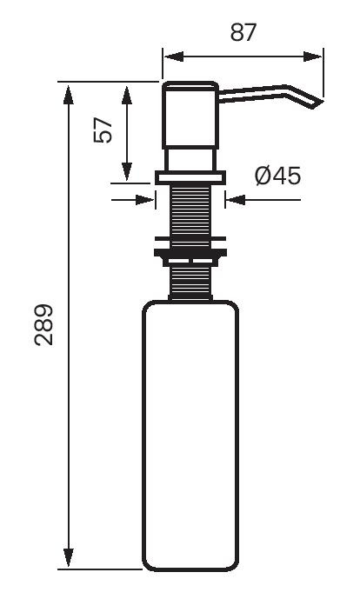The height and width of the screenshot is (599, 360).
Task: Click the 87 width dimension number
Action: click(x=242, y=33)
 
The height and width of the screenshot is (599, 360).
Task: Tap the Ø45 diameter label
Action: click(x=277, y=176)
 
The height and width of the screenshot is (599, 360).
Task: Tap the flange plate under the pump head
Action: click(x=190, y=176)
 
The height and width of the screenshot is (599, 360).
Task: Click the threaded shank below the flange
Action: click(x=190, y=210)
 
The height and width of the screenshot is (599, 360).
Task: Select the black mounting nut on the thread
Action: click(x=190, y=254)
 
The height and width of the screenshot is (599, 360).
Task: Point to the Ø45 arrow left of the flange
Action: click(x=146, y=199)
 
